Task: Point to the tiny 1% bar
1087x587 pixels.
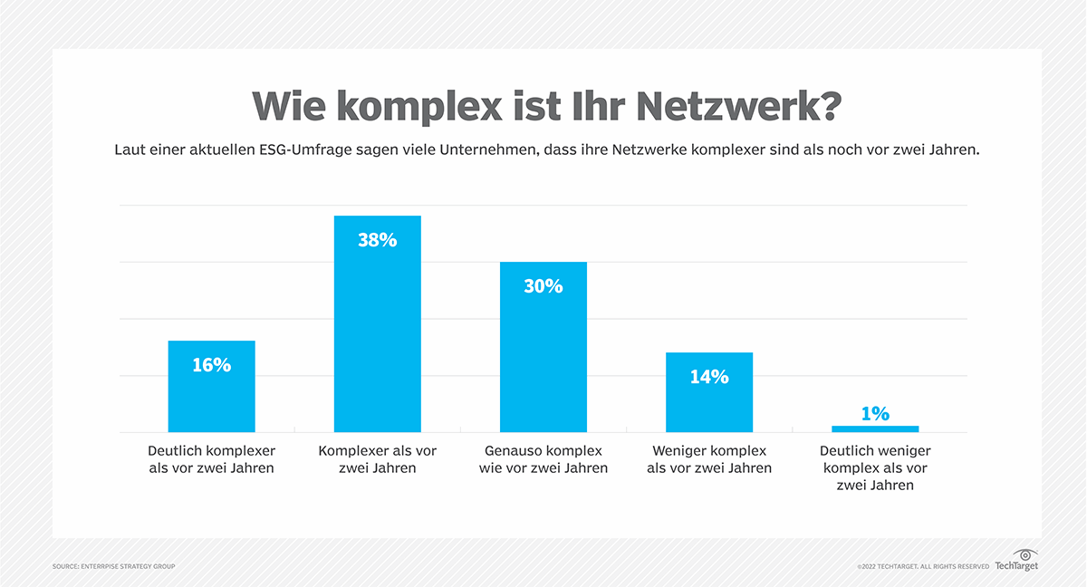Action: [874, 428]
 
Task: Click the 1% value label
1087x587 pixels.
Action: [874, 413]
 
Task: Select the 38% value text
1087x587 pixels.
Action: [377, 240]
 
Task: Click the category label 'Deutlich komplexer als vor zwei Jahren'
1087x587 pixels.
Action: [211, 459]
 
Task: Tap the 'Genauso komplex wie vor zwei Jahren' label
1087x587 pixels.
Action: [543, 459]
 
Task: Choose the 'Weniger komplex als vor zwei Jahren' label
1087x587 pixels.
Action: [708, 459]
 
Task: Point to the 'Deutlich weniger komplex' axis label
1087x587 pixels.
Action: [874, 467]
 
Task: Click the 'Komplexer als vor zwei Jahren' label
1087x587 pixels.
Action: [377, 459]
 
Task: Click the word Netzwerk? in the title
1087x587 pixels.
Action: [738, 107]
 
